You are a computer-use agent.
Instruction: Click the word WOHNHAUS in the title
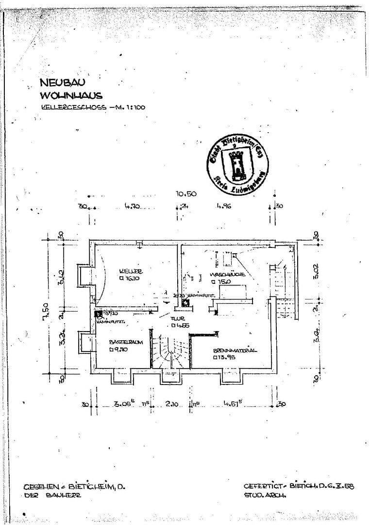pyautogui.click(x=71, y=95)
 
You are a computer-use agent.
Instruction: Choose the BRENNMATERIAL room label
pyautogui.click(x=235, y=350)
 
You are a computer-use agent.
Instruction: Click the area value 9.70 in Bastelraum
pyautogui.click(x=118, y=349)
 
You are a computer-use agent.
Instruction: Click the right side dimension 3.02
pyautogui.click(x=316, y=270)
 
